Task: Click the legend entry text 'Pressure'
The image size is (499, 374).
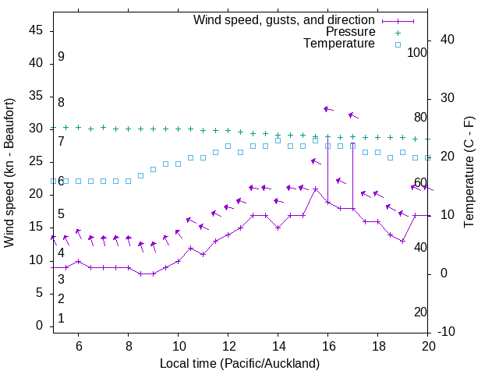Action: point(350,32)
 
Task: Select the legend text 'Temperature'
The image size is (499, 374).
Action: point(339,44)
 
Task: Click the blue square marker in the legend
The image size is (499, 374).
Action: point(398,44)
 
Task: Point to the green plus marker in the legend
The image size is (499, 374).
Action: point(398,33)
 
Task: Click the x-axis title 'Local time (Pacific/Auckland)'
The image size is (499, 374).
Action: point(239,363)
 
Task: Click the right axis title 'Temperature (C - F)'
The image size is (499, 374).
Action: point(469,173)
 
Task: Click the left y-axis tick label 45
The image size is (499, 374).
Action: point(36,30)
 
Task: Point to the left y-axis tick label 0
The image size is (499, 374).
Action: point(39,326)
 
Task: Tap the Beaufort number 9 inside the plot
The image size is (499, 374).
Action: point(61,57)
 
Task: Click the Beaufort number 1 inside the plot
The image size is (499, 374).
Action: point(61,319)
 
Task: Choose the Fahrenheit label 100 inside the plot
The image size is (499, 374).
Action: point(417,53)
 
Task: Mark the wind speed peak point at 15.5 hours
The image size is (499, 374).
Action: point(315,189)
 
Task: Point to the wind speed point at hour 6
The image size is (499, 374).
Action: point(78,261)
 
